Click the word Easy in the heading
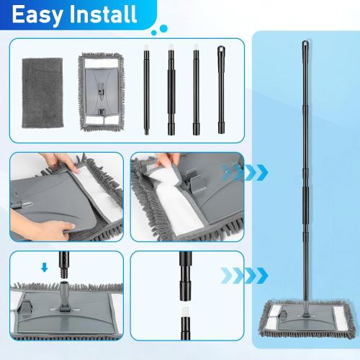(35, 14)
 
